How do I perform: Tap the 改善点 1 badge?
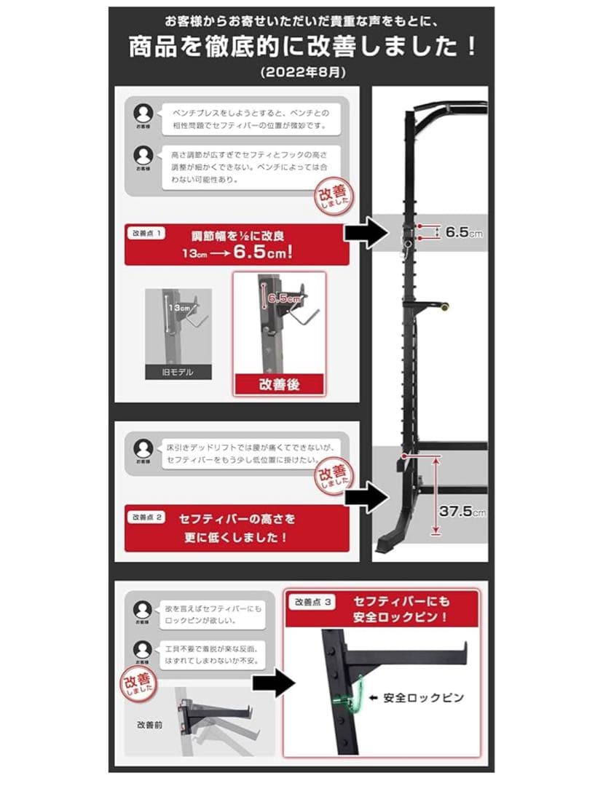point(146,234)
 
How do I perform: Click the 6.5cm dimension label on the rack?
point(464,233)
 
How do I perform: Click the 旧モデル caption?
point(178,372)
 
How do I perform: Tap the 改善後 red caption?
point(279,385)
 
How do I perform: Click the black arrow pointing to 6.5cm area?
point(366,233)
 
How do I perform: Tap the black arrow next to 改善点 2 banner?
point(366,498)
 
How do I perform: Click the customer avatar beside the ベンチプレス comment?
point(143,114)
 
